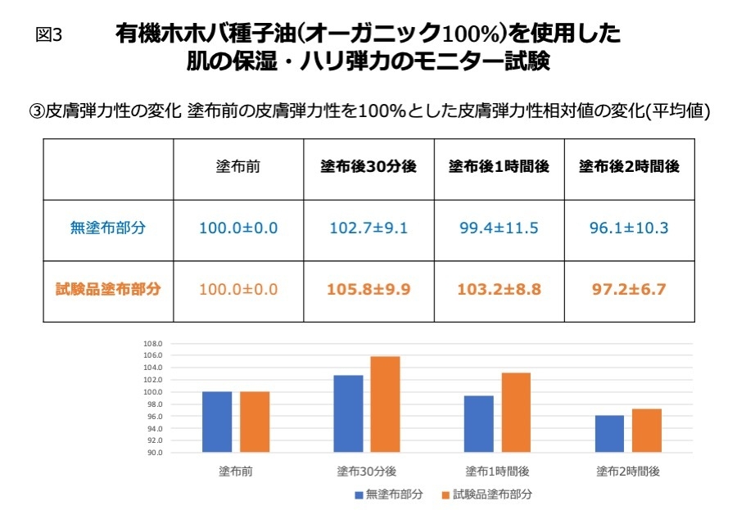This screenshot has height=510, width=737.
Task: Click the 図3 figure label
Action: click(50, 35)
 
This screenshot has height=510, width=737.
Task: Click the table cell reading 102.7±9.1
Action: click(368, 228)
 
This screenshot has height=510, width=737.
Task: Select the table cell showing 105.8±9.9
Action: click(368, 289)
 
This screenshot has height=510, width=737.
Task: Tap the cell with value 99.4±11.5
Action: click(499, 228)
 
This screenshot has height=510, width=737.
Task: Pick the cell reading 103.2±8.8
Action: click(499, 289)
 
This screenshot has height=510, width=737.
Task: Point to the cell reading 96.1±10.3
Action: click(629, 228)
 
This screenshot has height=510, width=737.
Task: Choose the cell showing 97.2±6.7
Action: click(629, 289)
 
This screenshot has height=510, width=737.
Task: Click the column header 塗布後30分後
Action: click(368, 166)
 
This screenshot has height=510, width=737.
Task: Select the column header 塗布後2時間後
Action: click(629, 166)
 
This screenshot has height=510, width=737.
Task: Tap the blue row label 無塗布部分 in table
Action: click(107, 228)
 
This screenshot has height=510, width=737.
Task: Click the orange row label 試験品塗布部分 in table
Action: click(107, 289)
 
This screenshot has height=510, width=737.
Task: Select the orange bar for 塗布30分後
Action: click(386, 404)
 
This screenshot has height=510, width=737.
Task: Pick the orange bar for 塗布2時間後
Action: click(646, 431)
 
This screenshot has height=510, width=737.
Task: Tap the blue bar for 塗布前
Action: click(217, 422)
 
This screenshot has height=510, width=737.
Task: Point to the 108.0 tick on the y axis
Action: click(155, 344)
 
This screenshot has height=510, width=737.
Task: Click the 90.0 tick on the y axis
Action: click(155, 453)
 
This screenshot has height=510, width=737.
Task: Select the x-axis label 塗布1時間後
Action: click(497, 472)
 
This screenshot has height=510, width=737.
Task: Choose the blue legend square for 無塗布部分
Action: click(359, 494)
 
